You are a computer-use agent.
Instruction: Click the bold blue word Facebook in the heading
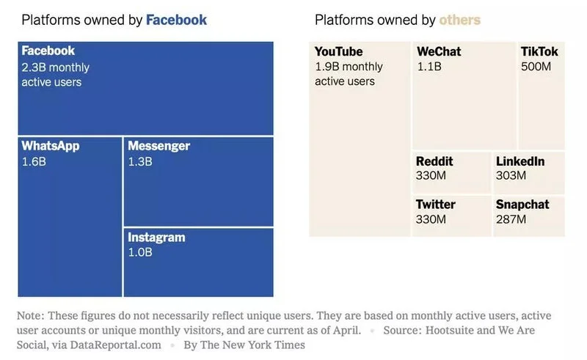coord(176,20)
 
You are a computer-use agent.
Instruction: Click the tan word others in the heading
coord(459,20)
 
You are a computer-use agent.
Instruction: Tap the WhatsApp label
coord(50,146)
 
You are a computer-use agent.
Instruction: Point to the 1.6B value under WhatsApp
coord(33,161)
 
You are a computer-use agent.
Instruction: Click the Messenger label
coord(158,146)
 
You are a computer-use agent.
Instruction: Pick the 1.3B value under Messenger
coord(139,161)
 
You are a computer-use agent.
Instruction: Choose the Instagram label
coord(156,238)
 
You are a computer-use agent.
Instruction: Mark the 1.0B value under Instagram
coord(140,252)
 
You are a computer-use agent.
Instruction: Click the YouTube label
coord(338,51)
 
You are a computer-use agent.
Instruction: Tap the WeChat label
coord(439,51)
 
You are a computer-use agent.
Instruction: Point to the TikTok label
coord(539,51)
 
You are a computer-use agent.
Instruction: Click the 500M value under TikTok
coord(536,67)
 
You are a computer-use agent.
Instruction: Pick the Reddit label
coord(434,161)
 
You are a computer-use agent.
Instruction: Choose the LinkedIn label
coord(520,161)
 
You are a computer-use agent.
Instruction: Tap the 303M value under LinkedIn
coord(511,175)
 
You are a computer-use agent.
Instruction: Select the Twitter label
coord(435,205)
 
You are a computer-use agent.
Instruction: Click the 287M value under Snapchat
coord(511,219)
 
